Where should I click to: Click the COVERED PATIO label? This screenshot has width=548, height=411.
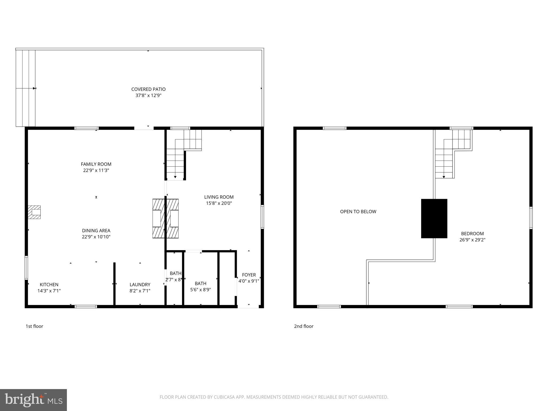point(148,89)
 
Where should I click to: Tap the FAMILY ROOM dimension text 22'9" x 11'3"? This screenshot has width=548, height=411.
point(96,170)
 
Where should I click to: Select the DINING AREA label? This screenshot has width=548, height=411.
point(96,230)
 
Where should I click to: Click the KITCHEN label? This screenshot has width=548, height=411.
point(49,284)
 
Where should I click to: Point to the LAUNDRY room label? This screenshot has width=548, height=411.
point(140,284)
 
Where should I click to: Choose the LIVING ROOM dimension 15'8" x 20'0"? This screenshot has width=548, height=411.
point(219,203)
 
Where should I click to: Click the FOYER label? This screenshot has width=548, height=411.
point(249,275)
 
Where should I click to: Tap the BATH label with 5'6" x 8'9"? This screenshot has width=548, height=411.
point(200,283)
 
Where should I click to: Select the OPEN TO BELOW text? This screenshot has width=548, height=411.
point(358,212)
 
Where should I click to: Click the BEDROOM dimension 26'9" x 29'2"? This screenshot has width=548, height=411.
point(472,240)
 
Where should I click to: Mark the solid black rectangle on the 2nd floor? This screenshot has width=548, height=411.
point(434,218)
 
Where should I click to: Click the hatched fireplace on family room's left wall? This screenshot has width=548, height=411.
point(35,212)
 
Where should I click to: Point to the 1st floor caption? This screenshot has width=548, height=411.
point(34,326)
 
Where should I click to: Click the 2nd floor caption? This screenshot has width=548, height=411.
point(303,326)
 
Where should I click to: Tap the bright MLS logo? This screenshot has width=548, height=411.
point(33,400)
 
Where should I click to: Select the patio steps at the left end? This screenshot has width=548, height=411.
point(25,88)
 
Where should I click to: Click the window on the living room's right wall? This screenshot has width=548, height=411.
point(262,217)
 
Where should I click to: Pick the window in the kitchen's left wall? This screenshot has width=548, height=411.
point(26,268)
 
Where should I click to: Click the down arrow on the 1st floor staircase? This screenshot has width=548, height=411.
point(175,177)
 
